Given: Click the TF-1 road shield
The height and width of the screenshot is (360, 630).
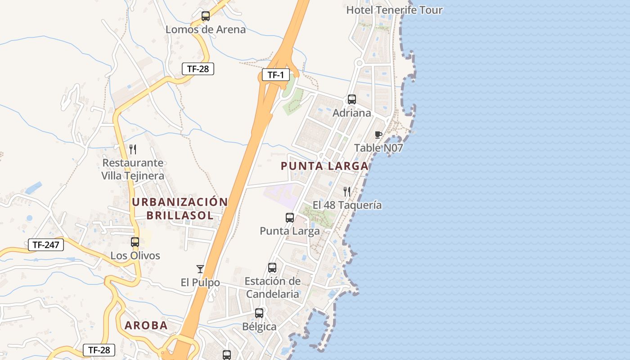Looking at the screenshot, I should pos(275,75).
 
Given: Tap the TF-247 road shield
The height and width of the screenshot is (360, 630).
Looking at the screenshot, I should pos(46,245).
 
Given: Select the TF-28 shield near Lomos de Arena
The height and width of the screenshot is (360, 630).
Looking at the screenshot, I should pos(198,69).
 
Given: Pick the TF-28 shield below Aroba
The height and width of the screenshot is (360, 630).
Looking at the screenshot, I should pos(99,350).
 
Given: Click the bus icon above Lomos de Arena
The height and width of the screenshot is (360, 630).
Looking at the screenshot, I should pos(206,16).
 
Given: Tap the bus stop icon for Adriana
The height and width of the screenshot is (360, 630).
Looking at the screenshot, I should pos(352,99).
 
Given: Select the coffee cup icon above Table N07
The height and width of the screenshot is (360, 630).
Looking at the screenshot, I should pos(378,135).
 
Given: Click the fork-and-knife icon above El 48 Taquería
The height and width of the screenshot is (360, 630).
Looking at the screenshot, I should pos(347,192).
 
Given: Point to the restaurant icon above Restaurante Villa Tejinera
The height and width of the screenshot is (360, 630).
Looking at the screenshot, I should pos(133,149).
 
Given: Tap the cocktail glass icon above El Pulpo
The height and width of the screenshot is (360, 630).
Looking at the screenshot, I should pos(200,269).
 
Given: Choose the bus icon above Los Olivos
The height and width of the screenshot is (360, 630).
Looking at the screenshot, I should pos(135,242).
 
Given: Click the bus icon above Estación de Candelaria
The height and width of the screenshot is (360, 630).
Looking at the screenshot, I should pos(272,268).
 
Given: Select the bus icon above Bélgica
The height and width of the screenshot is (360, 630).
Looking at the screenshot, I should pos(259,313).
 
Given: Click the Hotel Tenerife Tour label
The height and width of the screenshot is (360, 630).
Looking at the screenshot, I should pos(394,10).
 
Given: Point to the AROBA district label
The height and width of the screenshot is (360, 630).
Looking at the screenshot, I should pos(146,325).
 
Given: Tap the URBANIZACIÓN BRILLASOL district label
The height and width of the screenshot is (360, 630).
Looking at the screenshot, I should pos(180,208).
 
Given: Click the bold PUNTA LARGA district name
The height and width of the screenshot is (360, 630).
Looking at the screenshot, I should pos(324,166).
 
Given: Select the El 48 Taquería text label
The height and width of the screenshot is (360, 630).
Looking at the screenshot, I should pos(347,205).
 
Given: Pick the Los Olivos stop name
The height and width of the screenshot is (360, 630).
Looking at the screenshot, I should pos(135,256).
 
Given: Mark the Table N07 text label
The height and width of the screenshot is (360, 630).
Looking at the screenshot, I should pos(378,148).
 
